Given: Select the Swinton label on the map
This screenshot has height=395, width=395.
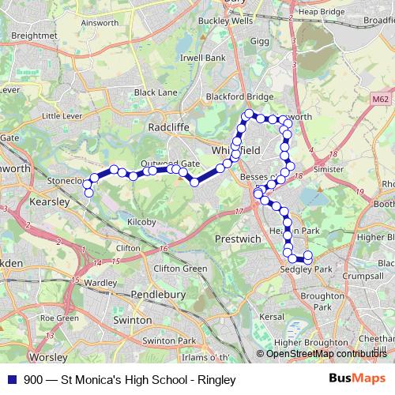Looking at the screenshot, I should click(132, 320).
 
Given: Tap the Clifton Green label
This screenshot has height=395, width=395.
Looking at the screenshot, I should click(179, 269).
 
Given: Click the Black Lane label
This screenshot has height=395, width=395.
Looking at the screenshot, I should click(156, 92).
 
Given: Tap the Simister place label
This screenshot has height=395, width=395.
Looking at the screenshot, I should click(328, 168).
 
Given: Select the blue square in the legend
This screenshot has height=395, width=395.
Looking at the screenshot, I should click(9, 378).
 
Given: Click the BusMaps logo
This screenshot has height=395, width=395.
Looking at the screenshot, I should click(352, 378).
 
